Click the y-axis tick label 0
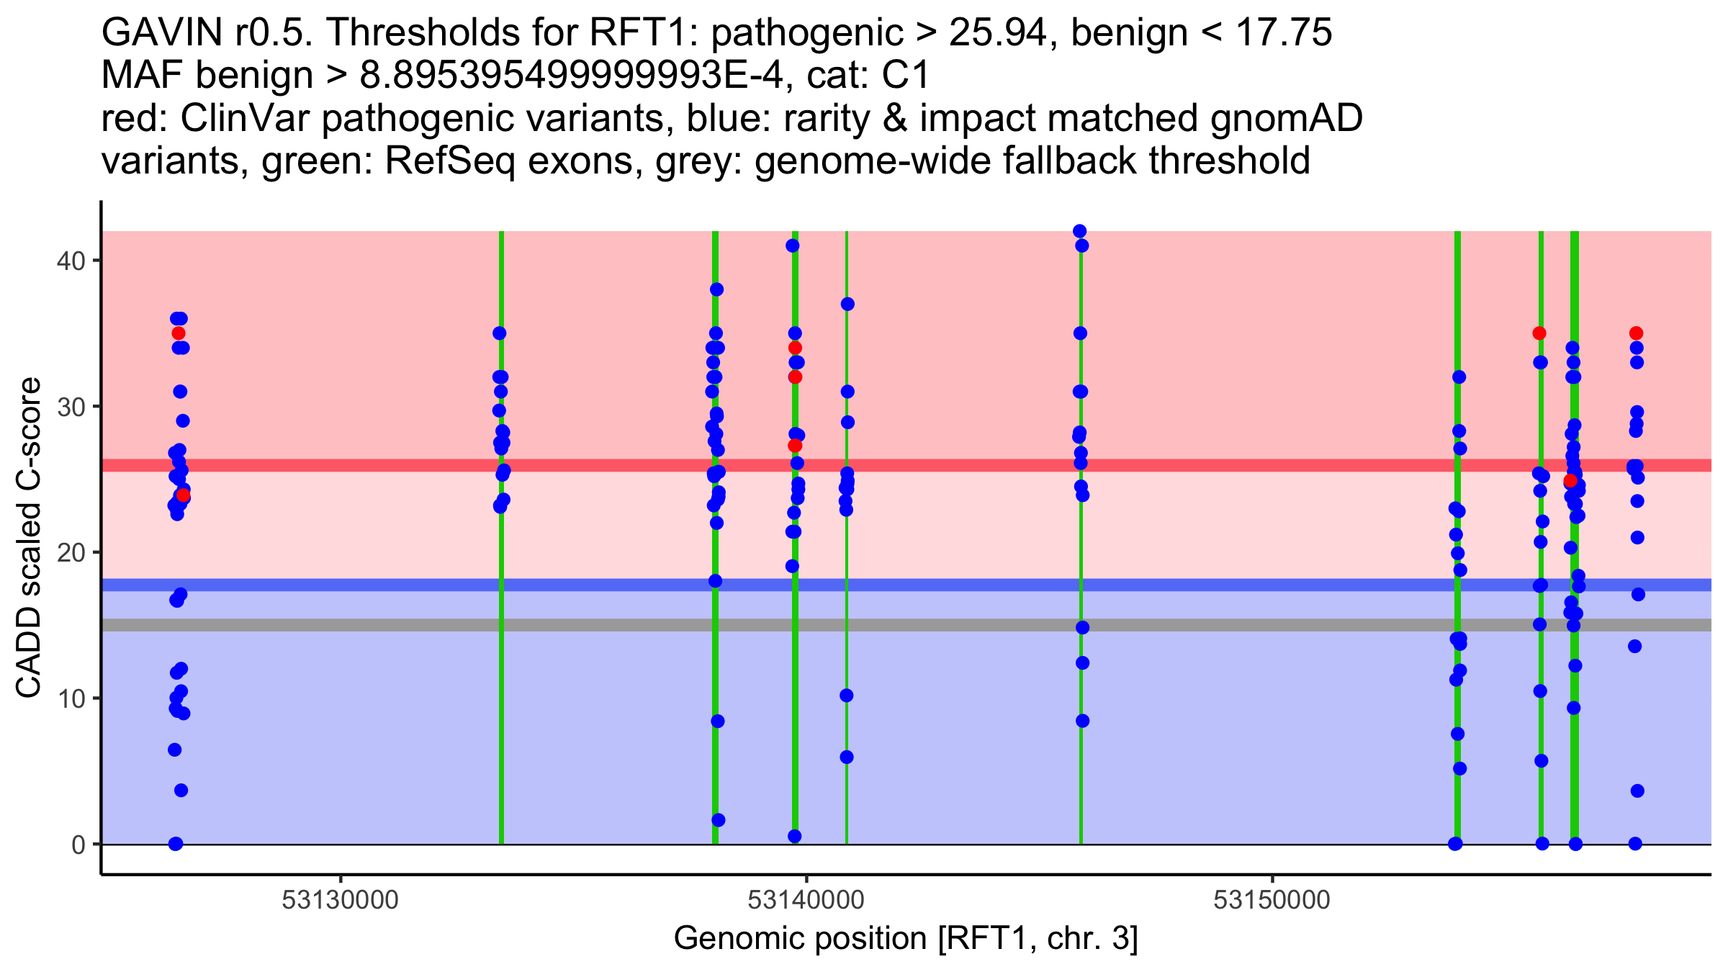[x=78, y=845]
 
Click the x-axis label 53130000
[x=340, y=900]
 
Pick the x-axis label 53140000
[x=806, y=900]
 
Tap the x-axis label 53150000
[x=1272, y=900]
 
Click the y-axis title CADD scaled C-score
[x=29, y=538]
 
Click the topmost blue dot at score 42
[x=1079, y=231]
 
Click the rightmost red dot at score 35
[x=1636, y=333]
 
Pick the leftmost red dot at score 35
[x=179, y=333]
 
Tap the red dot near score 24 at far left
[x=184, y=495]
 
